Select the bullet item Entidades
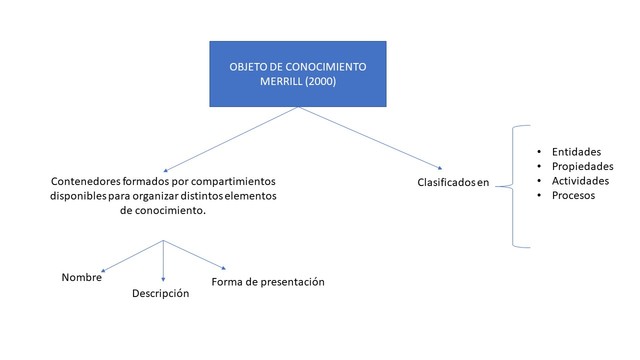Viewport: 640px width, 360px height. (578, 151)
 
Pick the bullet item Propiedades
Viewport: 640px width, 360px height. (582, 166)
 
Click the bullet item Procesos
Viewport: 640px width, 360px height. (573, 195)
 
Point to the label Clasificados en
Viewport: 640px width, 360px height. (453, 183)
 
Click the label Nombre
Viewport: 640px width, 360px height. (81, 277)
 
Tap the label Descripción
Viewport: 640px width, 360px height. (161, 294)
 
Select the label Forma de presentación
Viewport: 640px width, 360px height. (268, 282)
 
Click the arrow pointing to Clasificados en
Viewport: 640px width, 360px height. (371, 138)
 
